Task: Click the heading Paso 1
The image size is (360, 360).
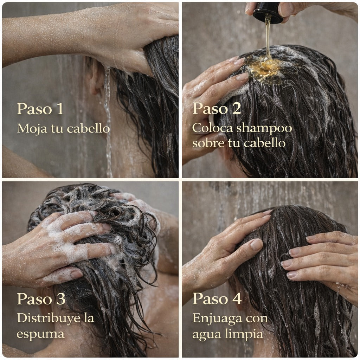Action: coord(40,109)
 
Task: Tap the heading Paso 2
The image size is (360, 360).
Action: coord(216,109)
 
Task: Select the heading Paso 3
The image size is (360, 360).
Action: coord(41,299)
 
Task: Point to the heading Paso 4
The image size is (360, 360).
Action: coord(217,299)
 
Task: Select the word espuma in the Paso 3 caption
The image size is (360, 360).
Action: coord(40,334)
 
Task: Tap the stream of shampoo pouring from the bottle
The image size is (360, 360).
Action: coord(268,39)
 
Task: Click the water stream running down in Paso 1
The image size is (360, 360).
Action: coord(108,116)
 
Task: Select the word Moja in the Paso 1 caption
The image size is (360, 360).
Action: coord(30,129)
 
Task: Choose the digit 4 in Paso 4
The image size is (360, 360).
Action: coord(237,299)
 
